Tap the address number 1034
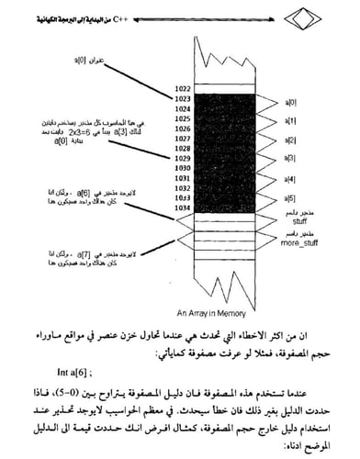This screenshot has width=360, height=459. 181,207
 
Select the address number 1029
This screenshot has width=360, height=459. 181,158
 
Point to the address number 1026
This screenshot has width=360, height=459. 181,128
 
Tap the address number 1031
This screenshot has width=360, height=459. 181,178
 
